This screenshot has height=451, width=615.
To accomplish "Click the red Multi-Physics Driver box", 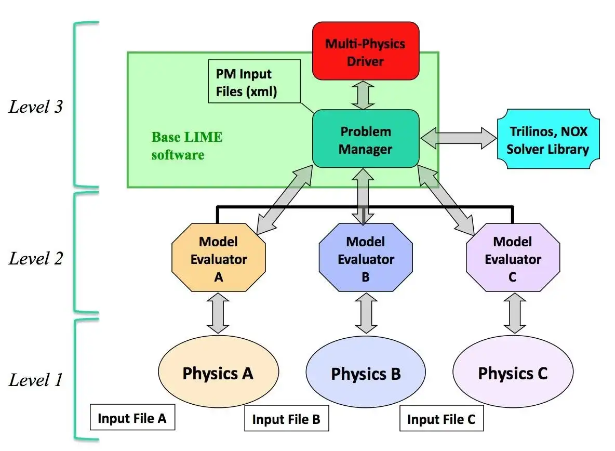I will (x=365, y=52).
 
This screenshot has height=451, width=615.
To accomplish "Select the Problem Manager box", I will (x=365, y=139).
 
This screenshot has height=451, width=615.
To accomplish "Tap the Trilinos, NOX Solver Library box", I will (x=547, y=140).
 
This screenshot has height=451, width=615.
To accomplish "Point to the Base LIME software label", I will (x=186, y=145).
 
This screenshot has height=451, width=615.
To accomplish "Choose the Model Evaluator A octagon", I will (x=218, y=259).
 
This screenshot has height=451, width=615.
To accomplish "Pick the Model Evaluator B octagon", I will (x=365, y=259).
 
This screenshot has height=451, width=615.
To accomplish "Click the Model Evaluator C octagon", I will (x=513, y=259).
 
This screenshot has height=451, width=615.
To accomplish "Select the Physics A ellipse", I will (x=218, y=373).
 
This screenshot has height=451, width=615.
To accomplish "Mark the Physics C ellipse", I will (x=513, y=373).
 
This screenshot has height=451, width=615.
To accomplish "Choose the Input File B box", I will (x=286, y=419).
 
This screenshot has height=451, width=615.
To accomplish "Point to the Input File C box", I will (x=441, y=419).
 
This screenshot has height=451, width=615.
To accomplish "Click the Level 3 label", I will (x=35, y=108).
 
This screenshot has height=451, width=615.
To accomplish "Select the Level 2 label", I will (x=35, y=258).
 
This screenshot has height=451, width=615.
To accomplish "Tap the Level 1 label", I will (x=35, y=380).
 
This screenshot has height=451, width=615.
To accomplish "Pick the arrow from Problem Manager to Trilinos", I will (x=458, y=138).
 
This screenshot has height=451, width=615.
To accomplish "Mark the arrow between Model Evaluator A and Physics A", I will (x=218, y=313).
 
